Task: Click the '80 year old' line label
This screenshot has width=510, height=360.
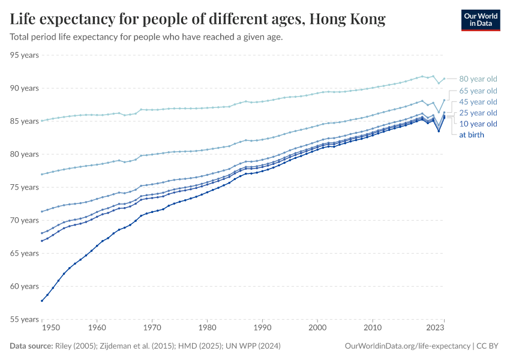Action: pos(478,79)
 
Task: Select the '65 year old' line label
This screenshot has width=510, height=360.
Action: pos(478,91)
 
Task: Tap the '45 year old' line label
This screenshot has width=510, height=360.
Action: pos(478,102)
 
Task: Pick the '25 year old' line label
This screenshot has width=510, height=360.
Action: pos(478,113)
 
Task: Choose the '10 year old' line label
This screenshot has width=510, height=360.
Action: pos(478,124)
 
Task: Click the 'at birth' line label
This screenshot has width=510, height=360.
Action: pos(472,135)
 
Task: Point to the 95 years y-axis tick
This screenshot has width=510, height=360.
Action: pos(25,55)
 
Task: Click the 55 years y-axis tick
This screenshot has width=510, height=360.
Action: pos(25,319)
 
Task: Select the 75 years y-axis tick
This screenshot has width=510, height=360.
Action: pos(25,187)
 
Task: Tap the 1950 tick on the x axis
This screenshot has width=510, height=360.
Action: pos(51,328)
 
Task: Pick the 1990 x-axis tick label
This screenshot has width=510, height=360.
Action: pos(262,328)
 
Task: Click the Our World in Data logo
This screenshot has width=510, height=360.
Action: pos(481,20)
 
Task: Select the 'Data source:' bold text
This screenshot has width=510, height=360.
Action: pos(31,346)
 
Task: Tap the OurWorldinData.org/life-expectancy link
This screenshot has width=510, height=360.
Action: pos(408,346)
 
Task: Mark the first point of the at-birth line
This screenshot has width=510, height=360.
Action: pos(41,301)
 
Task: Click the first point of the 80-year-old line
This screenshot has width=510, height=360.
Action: pos(41,121)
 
